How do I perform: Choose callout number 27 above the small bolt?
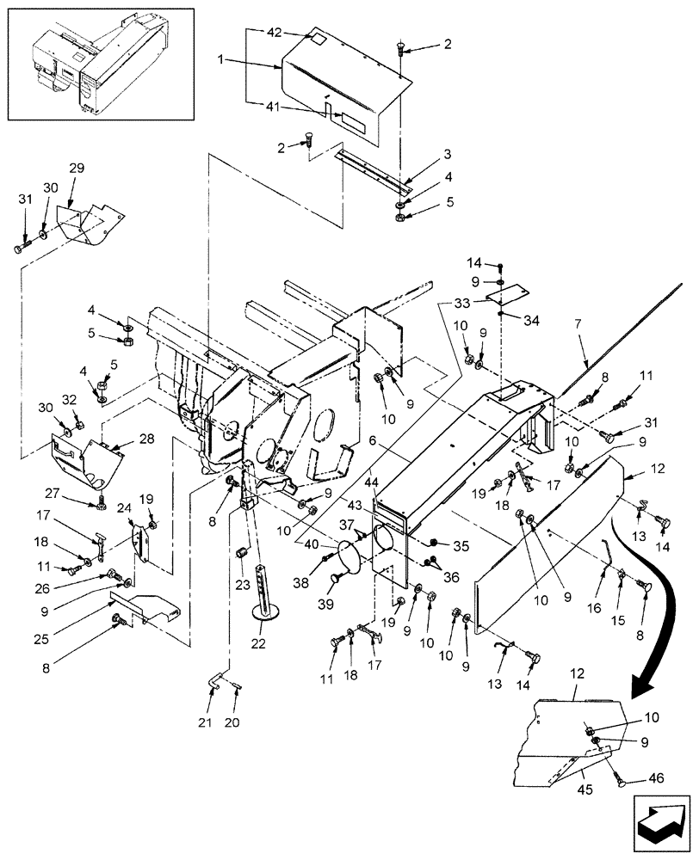[x=78, y=493]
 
